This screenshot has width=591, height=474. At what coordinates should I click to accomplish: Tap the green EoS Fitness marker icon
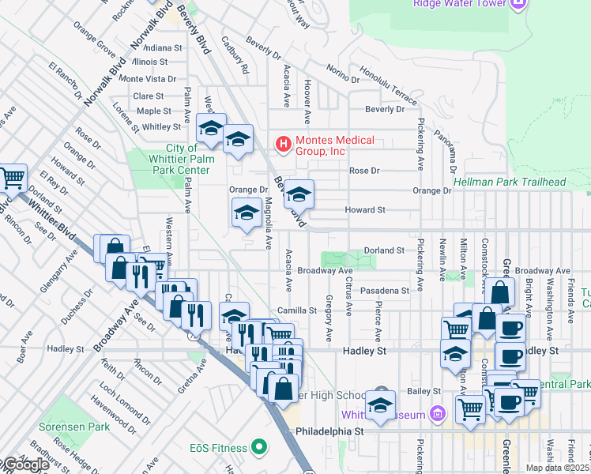(258, 448)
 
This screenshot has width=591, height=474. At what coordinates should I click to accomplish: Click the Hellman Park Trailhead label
(510, 182)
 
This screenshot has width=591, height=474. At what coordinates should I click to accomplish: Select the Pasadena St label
(385, 291)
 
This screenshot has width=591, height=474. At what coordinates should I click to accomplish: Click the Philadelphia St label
(329, 432)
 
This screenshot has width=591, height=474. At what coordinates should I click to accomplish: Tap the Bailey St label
(424, 391)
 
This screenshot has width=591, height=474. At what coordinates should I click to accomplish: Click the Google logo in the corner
(25, 465)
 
